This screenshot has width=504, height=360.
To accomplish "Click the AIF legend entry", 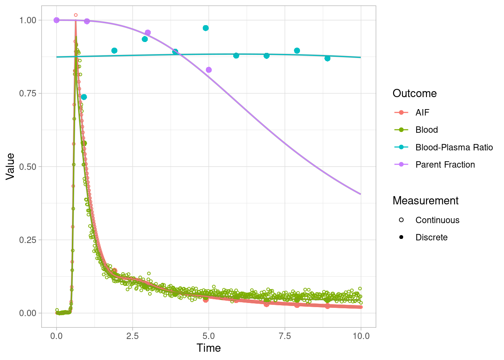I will coord(422,112).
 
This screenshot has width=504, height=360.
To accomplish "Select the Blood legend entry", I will coord(426,130).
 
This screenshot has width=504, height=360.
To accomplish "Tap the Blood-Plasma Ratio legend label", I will coord(454,147).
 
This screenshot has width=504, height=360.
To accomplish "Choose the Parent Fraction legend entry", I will coord(445,165).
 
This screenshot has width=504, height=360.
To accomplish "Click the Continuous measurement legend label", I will coord(437,220).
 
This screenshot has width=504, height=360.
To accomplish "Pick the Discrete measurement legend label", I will coord(431,237).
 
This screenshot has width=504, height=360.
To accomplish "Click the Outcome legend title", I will coord(414,93).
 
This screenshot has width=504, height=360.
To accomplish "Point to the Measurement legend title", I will coord(425,201).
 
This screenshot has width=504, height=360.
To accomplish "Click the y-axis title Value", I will coord(10,166).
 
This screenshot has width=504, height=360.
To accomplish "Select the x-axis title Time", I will coord(208,348).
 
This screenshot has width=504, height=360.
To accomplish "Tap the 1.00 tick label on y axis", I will coord(28,20).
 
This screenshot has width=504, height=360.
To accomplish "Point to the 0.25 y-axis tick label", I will coord(28,240).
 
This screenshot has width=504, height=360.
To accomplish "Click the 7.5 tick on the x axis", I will coord(285,336).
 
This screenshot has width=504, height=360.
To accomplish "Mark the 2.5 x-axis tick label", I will coord(132,336).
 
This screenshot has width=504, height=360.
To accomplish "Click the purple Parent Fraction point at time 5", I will coord(209,70).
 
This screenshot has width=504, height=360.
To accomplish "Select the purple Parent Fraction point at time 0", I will coord(57,20).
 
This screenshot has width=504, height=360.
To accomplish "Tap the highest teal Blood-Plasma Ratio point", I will coord(205,28).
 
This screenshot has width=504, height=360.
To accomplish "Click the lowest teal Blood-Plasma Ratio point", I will coord(84,97).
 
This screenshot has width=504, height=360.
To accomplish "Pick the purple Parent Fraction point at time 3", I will coord(148,33).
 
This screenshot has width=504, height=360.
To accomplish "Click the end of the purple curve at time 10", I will coord(361,194).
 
